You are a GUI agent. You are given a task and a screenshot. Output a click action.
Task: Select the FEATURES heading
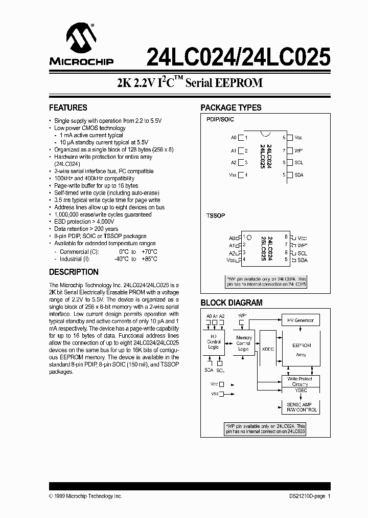pyautogui.click(x=68, y=107)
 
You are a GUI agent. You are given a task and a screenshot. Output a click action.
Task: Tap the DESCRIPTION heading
pyautogui.click(x=74, y=272)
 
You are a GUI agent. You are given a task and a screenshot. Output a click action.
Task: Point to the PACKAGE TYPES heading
pyautogui.click(x=231, y=107)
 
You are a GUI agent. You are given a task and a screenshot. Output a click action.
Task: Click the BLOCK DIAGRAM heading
pyautogui.click(x=231, y=303)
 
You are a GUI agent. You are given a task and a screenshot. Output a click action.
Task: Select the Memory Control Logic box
pyautogui.click(x=244, y=343)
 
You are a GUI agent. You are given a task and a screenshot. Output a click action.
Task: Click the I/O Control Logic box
pyautogui.click(x=214, y=341)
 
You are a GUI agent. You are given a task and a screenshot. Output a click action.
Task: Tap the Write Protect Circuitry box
pyautogui.click(x=300, y=381)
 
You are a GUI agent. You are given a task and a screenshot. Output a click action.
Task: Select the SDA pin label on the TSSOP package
pyautogui.click(x=303, y=260)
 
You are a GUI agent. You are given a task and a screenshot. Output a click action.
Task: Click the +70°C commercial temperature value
pyautogui.click(x=150, y=252)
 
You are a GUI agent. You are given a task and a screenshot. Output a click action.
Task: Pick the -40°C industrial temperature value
pyautogui.click(x=120, y=259)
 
